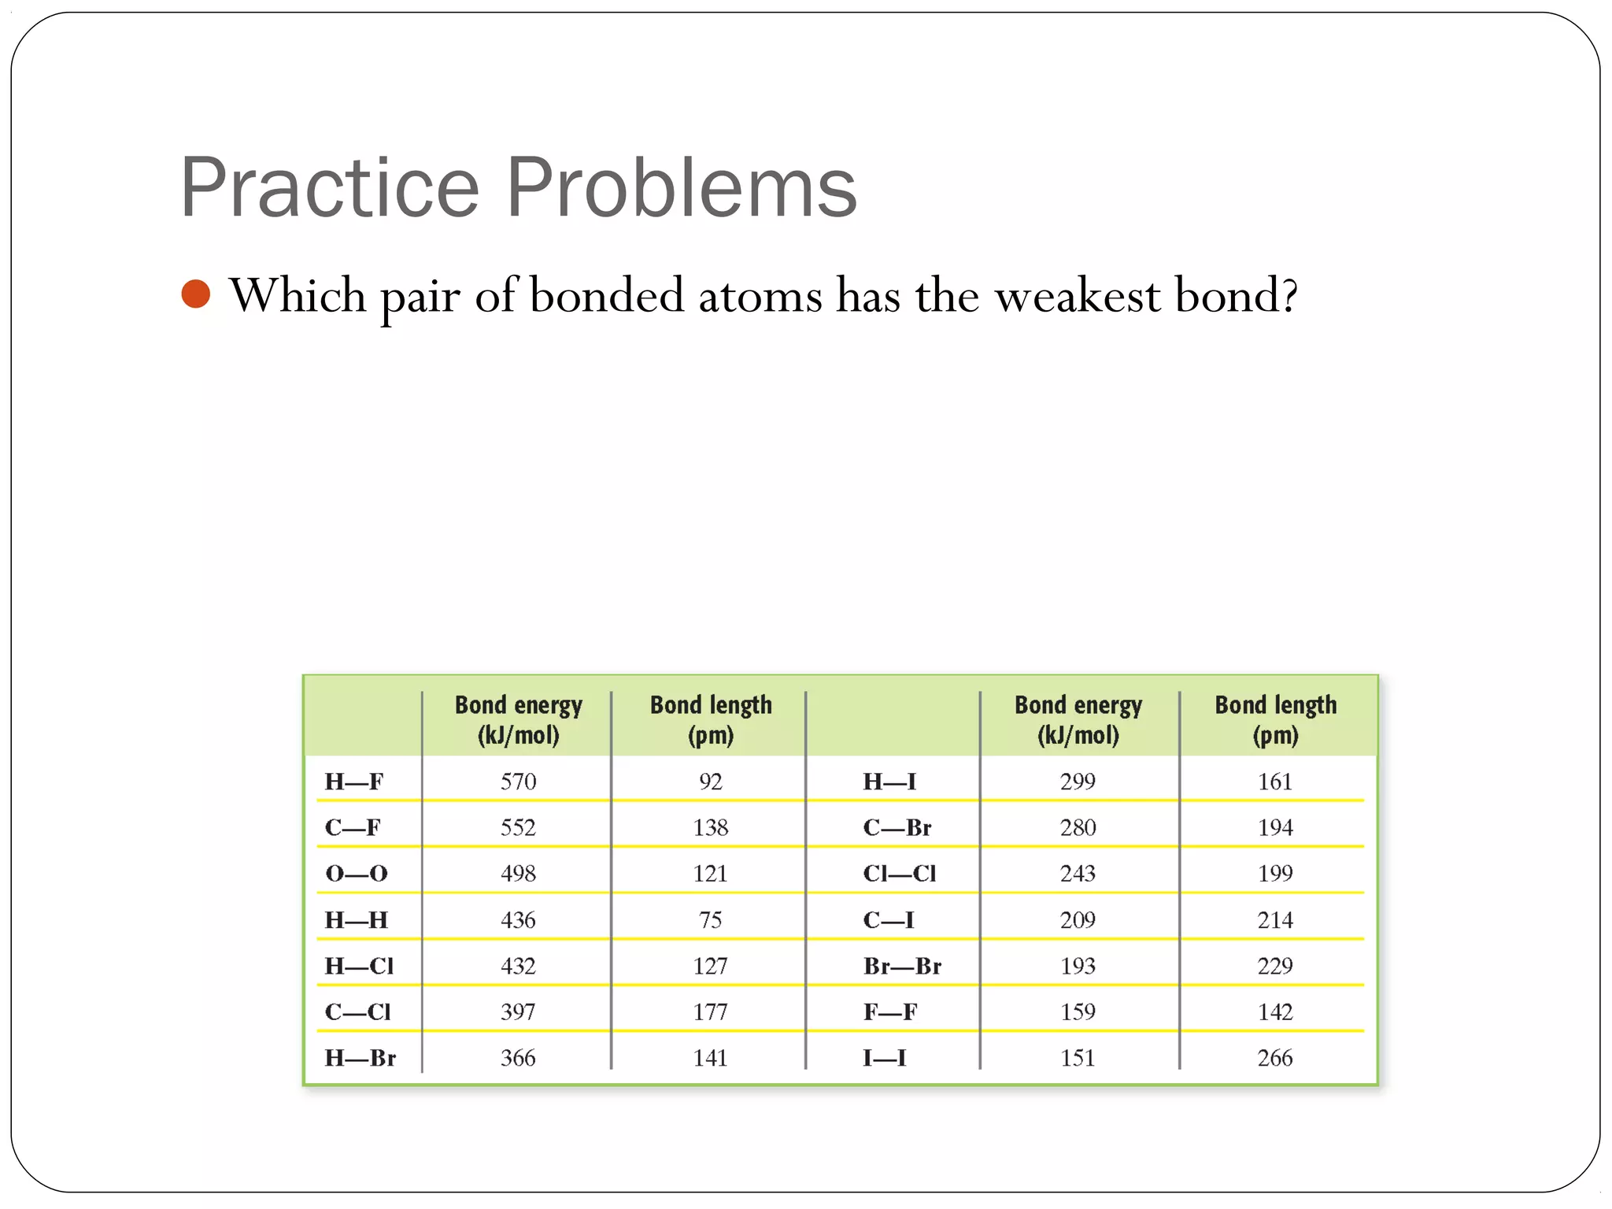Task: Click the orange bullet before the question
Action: (195, 294)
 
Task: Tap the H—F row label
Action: (354, 782)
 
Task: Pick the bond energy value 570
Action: (518, 782)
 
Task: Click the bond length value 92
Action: (710, 782)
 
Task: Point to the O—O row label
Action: (357, 874)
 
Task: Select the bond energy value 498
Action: (518, 874)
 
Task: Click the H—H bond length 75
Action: (710, 920)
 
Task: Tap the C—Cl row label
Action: (358, 1012)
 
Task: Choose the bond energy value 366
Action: (518, 1058)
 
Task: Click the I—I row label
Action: (885, 1058)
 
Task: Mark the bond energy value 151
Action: (1078, 1058)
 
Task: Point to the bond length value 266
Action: (1275, 1058)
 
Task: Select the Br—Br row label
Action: (902, 966)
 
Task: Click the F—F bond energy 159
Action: (1078, 1012)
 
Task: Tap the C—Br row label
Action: (897, 828)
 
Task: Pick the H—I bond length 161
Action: (1275, 782)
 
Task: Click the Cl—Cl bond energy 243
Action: (1078, 874)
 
